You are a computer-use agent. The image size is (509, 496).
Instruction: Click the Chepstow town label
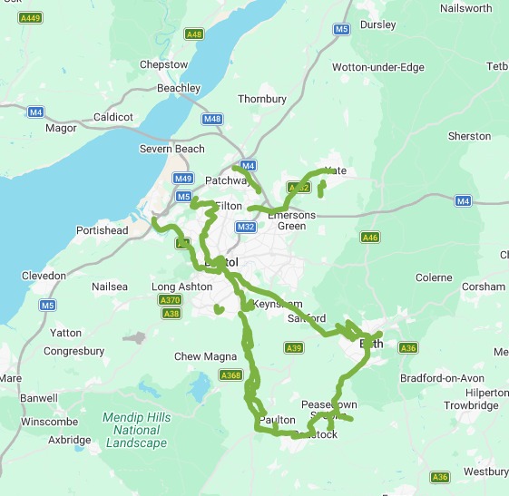163,65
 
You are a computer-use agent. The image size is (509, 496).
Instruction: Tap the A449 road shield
31,18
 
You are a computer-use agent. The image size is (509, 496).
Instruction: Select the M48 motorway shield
212,119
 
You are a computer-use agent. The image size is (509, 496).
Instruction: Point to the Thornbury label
262,99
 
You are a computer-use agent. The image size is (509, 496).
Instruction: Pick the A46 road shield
369,237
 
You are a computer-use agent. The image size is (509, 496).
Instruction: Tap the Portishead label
103,231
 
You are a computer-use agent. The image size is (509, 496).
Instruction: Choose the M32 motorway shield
245,227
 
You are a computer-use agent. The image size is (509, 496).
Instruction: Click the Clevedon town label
44,276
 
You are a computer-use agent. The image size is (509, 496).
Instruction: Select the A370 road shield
170,300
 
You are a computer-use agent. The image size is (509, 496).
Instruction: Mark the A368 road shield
230,375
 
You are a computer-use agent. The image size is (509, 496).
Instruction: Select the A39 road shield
293,347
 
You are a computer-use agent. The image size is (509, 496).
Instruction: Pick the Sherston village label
469,136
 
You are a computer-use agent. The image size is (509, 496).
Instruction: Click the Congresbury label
74,351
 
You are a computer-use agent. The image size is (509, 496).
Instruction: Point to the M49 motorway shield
183,179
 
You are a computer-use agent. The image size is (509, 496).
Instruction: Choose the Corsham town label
483,287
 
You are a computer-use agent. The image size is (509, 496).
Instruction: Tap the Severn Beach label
171,149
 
